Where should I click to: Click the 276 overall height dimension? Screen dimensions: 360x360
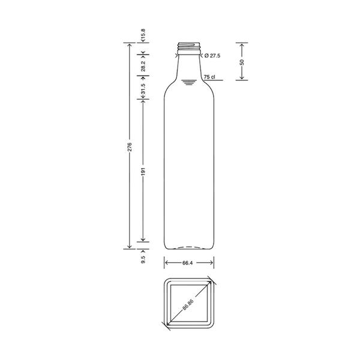pyautogui.click(x=130, y=147)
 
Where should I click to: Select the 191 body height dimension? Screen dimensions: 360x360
pyautogui.click(x=143, y=172)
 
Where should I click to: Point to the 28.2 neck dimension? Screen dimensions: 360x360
pyautogui.click(x=143, y=66)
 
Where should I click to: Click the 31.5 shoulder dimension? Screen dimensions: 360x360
pyautogui.click(x=143, y=89)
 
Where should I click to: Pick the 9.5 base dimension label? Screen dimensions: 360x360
pyautogui.click(x=143, y=259)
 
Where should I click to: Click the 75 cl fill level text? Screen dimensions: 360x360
pyautogui.click(x=209, y=77)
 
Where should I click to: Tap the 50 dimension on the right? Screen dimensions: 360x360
pyautogui.click(x=242, y=62)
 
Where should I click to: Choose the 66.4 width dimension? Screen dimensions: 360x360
pyautogui.click(x=187, y=263)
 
